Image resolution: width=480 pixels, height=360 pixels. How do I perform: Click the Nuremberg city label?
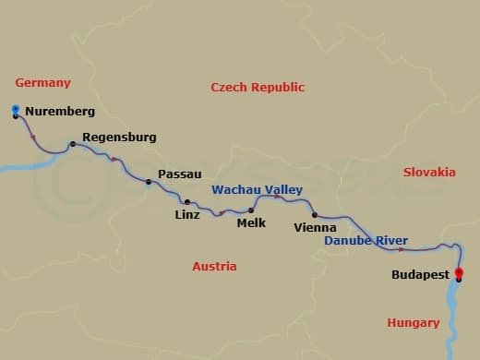pyautogui.click(x=60, y=112)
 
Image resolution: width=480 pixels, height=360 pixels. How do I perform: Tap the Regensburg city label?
pyautogui.click(x=119, y=138)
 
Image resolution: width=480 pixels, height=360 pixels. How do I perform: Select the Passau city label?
pyautogui.click(x=180, y=174)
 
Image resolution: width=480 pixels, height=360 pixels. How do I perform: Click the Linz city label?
pyautogui.click(x=186, y=215)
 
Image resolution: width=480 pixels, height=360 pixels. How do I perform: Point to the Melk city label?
pyautogui.click(x=251, y=222)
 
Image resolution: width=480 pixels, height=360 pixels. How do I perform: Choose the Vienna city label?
pyautogui.click(x=313, y=227)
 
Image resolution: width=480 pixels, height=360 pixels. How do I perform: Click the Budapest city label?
pyautogui.click(x=420, y=275)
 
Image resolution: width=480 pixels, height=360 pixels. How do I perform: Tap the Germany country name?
pyautogui.click(x=42, y=83)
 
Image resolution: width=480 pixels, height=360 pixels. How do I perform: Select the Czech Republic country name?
pyautogui.click(x=258, y=88)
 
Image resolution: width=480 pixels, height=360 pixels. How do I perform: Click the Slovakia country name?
pyautogui.click(x=429, y=173)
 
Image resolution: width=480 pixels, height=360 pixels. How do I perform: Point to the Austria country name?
pyautogui.click(x=214, y=267)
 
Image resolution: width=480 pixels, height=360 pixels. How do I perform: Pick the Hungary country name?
pyautogui.click(x=413, y=323)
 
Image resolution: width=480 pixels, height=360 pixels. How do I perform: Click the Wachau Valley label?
pyautogui.click(x=258, y=190)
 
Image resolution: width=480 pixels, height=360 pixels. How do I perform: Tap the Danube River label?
pyautogui.click(x=366, y=241)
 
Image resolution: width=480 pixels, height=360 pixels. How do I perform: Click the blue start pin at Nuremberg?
pyautogui.click(x=16, y=111)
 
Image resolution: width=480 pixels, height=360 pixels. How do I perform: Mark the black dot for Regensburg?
pyautogui.click(x=72, y=144)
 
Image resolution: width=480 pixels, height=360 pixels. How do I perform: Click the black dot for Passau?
pyautogui.click(x=148, y=182)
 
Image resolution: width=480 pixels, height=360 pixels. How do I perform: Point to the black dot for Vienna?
pyautogui.click(x=315, y=215)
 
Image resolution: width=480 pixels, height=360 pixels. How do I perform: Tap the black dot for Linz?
pyautogui.click(x=186, y=202)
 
